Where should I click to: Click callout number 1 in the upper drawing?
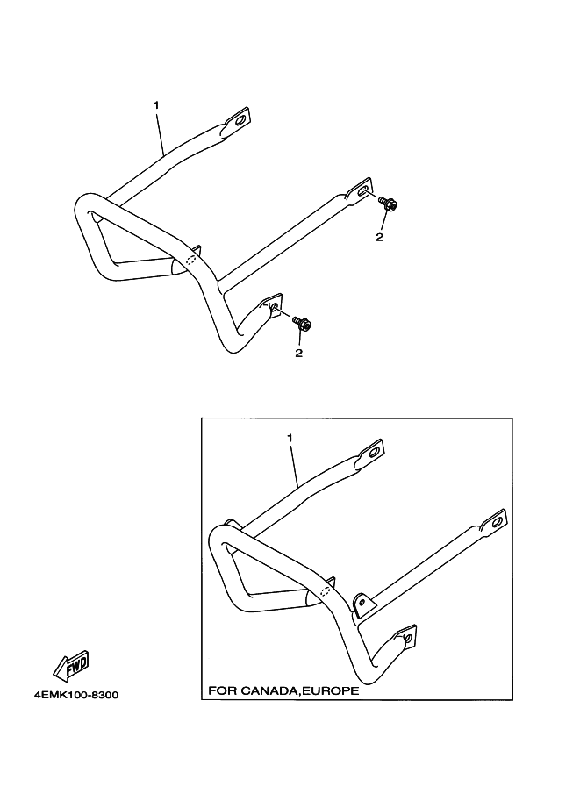[156, 105]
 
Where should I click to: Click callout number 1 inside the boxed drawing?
[289, 436]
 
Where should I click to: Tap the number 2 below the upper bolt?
[379, 237]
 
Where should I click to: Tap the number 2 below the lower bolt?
[298, 353]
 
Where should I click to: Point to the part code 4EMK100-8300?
[75, 696]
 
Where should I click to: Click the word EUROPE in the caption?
[330, 690]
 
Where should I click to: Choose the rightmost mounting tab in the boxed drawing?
[494, 523]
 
